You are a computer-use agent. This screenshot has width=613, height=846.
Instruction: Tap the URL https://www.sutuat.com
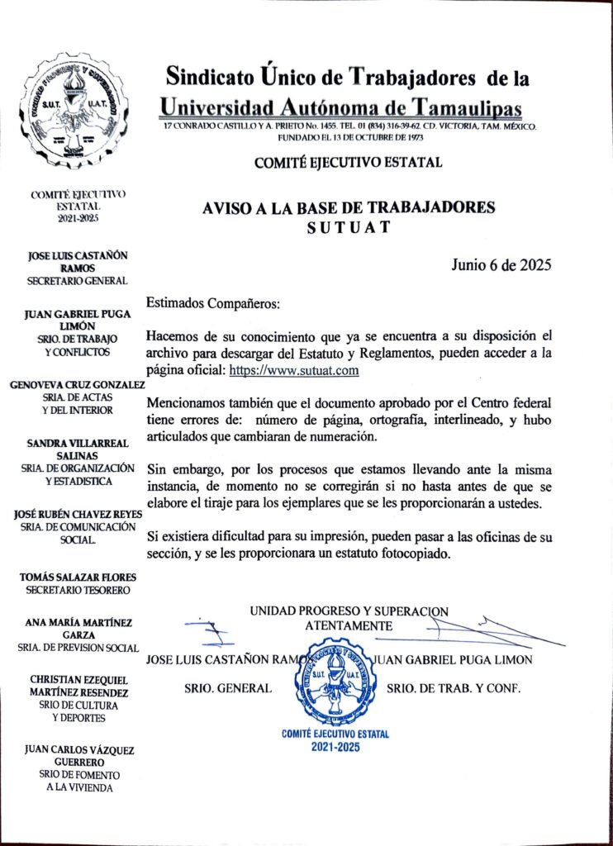294,371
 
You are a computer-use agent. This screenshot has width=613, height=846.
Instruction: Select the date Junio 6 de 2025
501,265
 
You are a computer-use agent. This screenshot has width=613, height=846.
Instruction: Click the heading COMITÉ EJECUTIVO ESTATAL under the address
348,163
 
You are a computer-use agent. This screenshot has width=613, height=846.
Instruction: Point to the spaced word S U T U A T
348,227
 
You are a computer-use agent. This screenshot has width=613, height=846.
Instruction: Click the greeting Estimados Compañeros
213,303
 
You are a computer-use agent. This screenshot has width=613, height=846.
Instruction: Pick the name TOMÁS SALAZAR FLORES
78,577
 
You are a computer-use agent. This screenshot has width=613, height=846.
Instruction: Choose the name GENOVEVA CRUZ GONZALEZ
78,385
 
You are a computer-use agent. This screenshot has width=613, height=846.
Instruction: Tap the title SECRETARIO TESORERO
78,590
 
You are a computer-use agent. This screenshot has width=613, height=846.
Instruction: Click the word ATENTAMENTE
349,625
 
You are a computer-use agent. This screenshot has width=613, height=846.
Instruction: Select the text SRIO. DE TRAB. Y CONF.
454,687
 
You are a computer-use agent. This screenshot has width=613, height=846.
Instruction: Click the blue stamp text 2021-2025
335,747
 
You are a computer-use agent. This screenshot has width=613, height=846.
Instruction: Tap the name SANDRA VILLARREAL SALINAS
78,449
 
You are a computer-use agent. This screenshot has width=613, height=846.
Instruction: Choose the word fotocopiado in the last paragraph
416,554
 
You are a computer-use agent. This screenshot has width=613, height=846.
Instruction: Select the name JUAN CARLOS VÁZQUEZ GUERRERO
78,755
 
